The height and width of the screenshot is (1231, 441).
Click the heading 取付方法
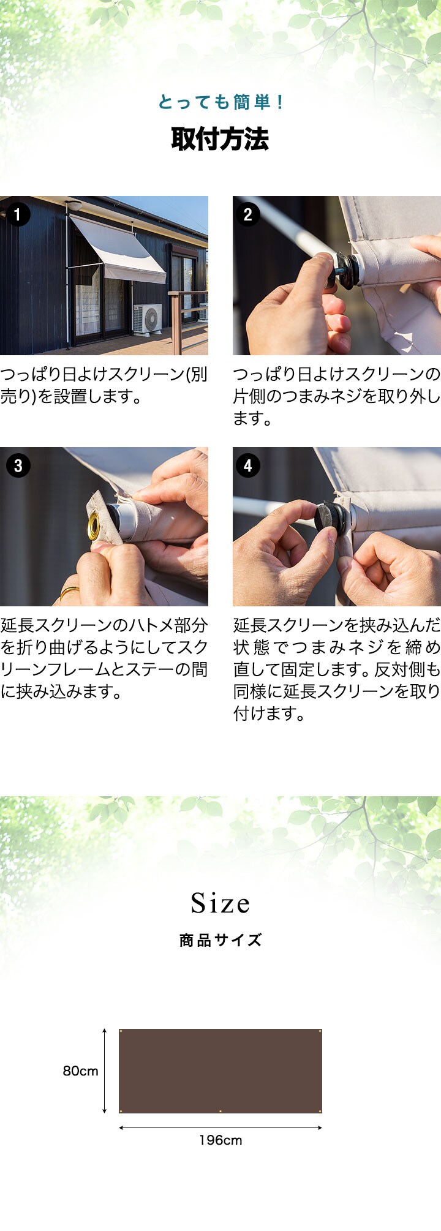pyautogui.click(x=220, y=139)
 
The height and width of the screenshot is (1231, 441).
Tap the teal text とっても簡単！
pyautogui.click(x=220, y=102)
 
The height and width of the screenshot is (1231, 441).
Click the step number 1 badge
pyautogui.click(x=18, y=214)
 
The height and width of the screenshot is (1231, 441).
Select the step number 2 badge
pyautogui.click(x=248, y=214)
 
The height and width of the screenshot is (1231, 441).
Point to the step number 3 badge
pyautogui.click(x=18, y=465)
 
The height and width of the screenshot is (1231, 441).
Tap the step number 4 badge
pyautogui.click(x=248, y=465)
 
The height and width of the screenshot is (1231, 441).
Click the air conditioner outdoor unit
pyautogui.click(x=148, y=318)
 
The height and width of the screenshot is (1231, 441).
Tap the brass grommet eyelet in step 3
pyautogui.click(x=94, y=526)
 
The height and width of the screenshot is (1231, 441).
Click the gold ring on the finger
pyautogui.click(x=69, y=592)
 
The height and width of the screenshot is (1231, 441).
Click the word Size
pyautogui.click(x=221, y=903)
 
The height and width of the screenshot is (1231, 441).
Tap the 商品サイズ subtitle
pyautogui.click(x=221, y=940)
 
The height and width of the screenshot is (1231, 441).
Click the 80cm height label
pyautogui.click(x=80, y=1071)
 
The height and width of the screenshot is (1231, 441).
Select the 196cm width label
pyautogui.click(x=221, y=1140)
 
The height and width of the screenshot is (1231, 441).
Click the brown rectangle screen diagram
pyautogui.click(x=221, y=1071)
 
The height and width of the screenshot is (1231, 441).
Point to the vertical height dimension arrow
pyautogui.click(x=105, y=1071)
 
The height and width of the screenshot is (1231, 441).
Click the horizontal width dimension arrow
pyautogui.click(x=221, y=1127)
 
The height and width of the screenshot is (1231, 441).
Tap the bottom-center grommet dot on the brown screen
pyautogui.click(x=221, y=1110)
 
